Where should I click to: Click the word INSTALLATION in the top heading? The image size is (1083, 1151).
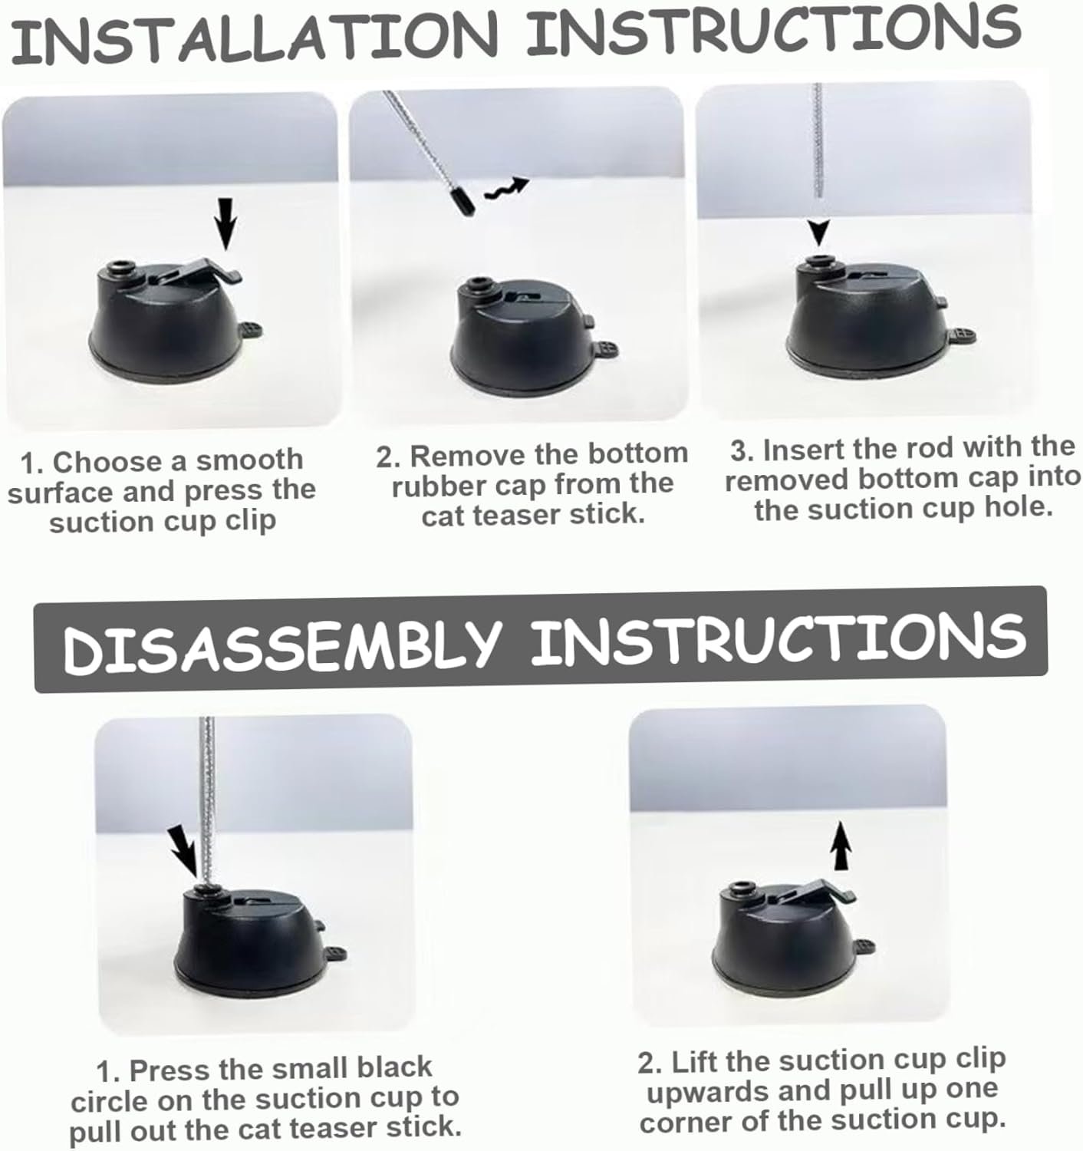254,35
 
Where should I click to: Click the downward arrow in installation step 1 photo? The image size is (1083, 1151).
226,223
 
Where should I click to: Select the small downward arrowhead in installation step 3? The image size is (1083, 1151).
819,232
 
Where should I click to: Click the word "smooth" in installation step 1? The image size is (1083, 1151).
249,460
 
